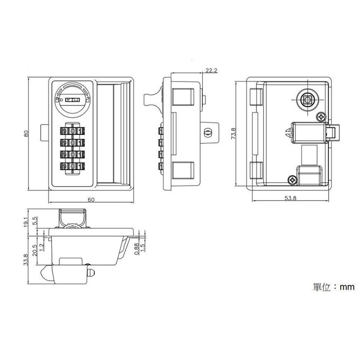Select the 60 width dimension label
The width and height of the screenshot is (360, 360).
tap(91, 199)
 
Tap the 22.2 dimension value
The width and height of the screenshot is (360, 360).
tap(212, 70)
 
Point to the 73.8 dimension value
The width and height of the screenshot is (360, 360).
tap(233, 134)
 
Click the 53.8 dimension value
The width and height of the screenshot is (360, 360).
tap(290, 198)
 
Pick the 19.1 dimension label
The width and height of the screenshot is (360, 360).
tap(26, 222)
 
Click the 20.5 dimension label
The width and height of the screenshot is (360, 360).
tap(34, 249)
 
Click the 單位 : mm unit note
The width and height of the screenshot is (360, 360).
tap(333, 287)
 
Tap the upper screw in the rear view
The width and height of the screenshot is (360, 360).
tap(321, 117)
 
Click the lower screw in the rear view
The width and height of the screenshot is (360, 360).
tap(292, 180)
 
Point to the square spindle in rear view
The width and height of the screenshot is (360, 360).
tap(307, 100)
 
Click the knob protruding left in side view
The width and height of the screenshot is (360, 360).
tap(151, 99)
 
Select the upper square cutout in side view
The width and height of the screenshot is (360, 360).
tap(182, 96)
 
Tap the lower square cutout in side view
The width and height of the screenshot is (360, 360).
tap(182, 170)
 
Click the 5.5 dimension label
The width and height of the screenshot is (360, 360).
tap(35, 221)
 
